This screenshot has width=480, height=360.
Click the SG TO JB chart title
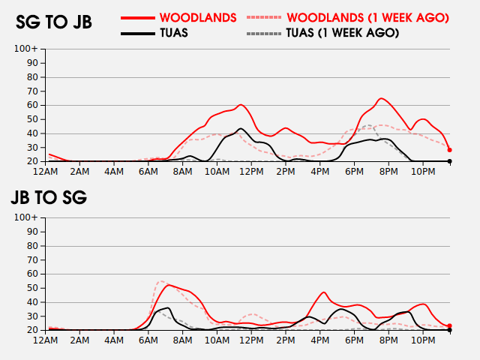tap(54, 22)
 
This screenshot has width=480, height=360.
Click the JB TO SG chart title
tap(49, 198)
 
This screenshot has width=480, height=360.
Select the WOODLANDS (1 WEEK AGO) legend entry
tap(367, 17)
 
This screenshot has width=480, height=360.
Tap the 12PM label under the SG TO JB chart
tap(251, 172)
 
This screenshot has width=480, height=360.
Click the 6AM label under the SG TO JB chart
tap(148, 172)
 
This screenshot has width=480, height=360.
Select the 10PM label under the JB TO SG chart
tap(422, 340)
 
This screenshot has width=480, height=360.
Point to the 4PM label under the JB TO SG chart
tap(319, 340)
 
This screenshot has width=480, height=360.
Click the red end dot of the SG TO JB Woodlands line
tap(450, 150)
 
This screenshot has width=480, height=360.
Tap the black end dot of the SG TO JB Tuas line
tap(450, 161)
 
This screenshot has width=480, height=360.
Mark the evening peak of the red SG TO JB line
tap(381, 98)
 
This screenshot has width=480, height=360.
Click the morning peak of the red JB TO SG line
tap(169, 285)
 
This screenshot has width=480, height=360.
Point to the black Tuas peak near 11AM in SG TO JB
tap(240, 129)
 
